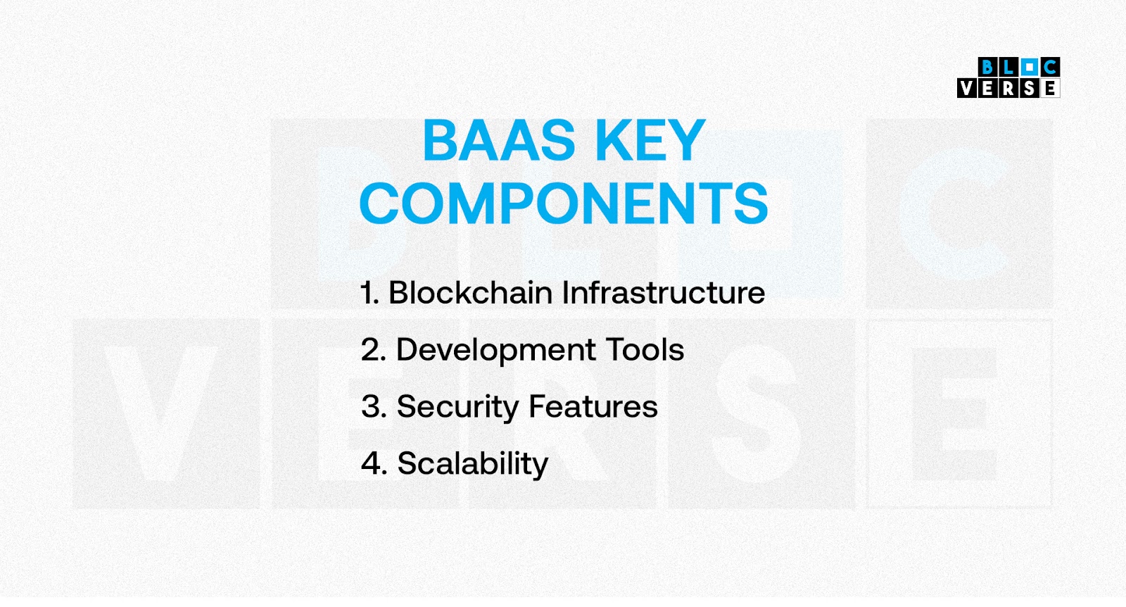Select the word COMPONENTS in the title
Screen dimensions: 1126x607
pyautogui.click(x=564, y=203)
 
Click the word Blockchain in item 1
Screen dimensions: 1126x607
pyautogui.click(x=471, y=292)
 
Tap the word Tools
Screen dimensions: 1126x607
pyautogui.click(x=645, y=349)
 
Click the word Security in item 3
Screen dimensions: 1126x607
pyautogui.click(x=458, y=407)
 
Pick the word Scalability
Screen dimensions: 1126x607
pyautogui.click(x=472, y=464)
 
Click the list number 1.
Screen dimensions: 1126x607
pyautogui.click(x=370, y=293)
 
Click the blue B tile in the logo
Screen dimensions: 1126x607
pyautogui.click(x=988, y=67)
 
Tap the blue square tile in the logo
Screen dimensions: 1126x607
pyautogui.click(x=1030, y=67)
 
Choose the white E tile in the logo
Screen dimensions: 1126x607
pyautogui.click(x=1050, y=88)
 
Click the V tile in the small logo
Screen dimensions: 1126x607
pyautogui.click(x=967, y=88)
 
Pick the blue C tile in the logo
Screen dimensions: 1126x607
pyautogui.click(x=1050, y=67)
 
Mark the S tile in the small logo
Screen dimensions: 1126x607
pyautogui.click(x=1030, y=88)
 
